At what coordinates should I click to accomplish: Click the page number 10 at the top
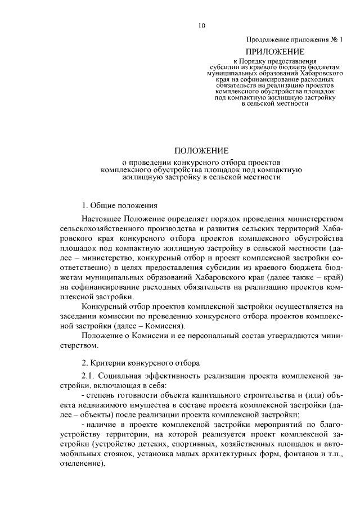[202, 25]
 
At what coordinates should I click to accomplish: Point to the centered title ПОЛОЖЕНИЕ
[201, 151]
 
